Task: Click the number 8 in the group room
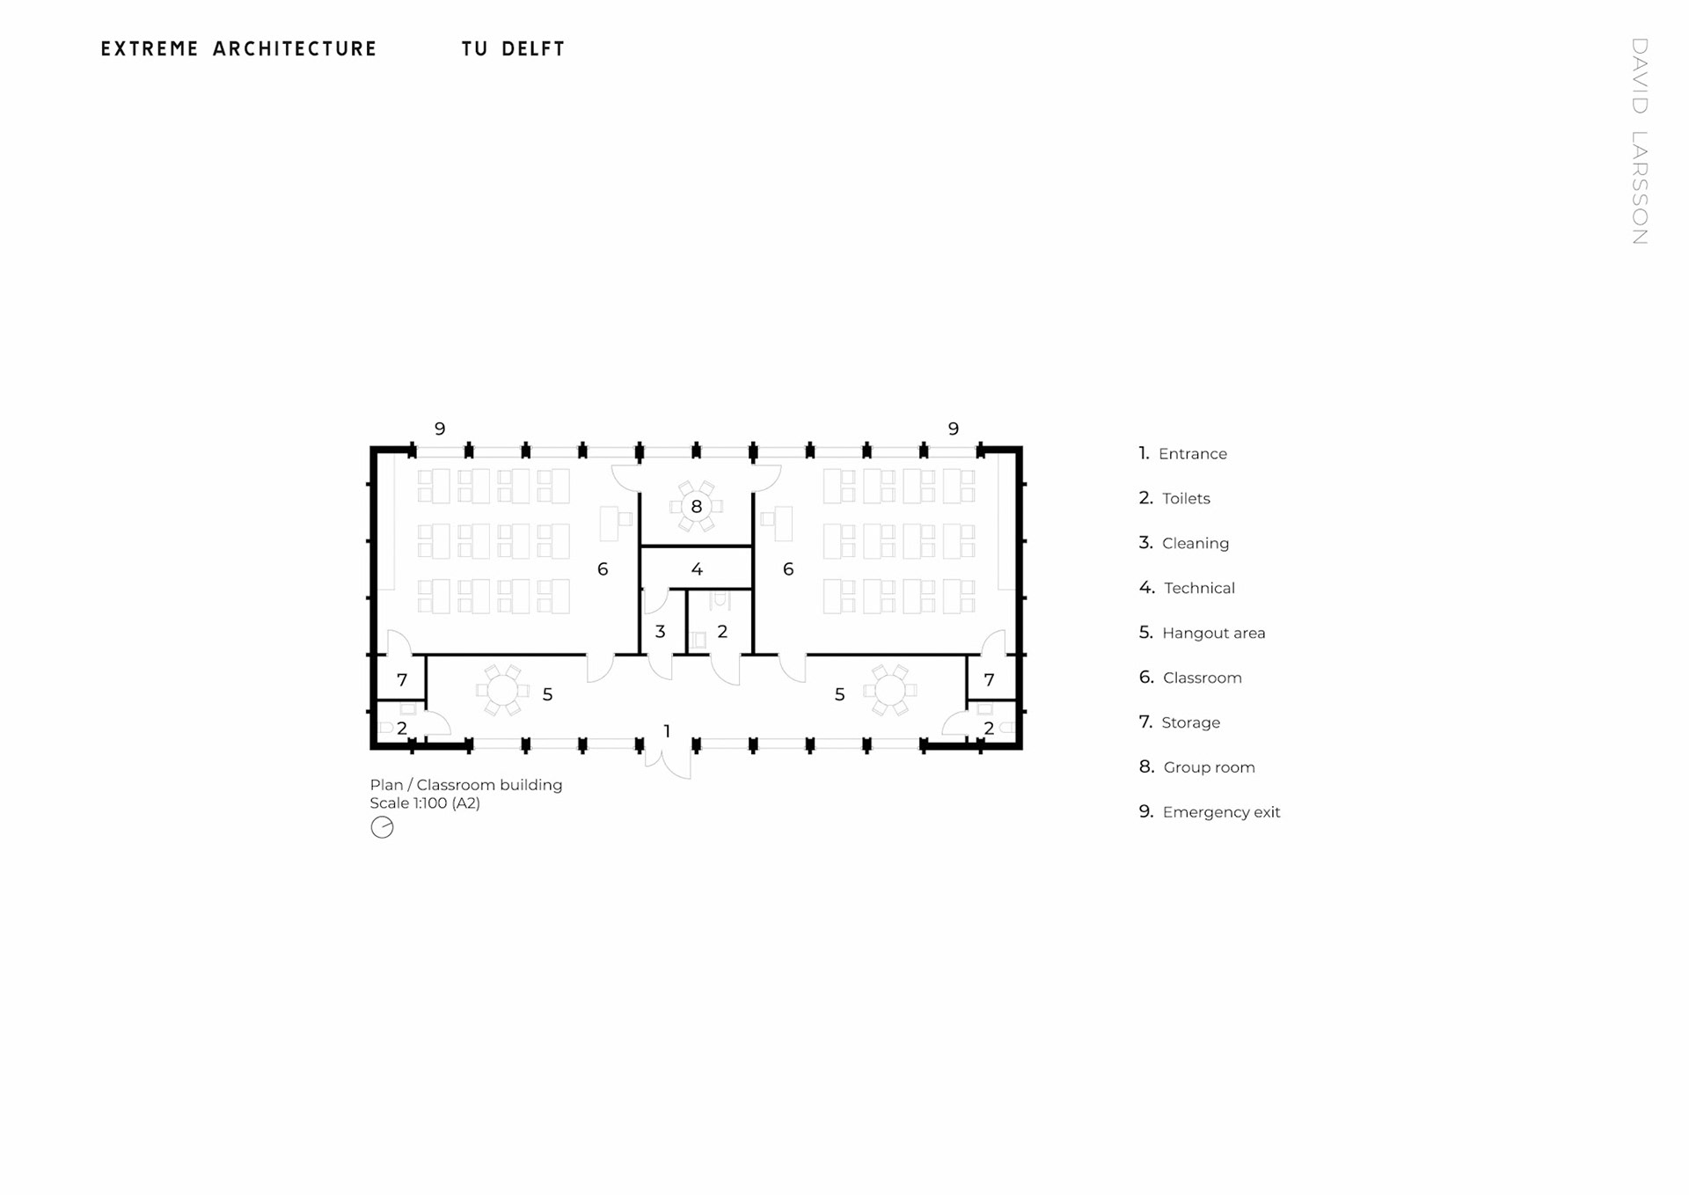point(697,507)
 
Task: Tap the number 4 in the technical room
point(697,569)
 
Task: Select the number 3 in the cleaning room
point(660,631)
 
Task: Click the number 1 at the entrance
point(667,731)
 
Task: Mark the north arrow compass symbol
point(382,827)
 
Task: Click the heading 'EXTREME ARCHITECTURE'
point(238,49)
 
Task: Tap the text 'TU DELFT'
point(513,49)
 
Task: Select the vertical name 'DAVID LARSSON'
point(1639,141)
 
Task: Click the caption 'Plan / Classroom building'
point(465,785)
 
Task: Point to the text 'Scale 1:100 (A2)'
point(425,803)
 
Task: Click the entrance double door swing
point(669,762)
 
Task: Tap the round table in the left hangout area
point(503,691)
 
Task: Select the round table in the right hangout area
point(889,691)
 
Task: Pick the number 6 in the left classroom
point(603,569)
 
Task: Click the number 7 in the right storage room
point(989,679)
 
